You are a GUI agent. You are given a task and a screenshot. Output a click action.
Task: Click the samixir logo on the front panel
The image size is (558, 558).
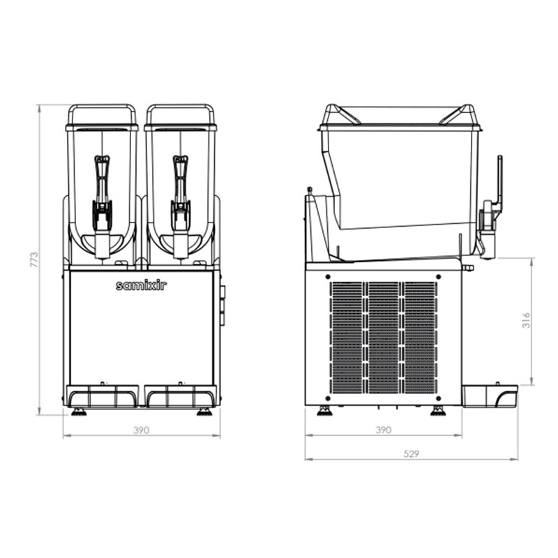[x=142, y=285]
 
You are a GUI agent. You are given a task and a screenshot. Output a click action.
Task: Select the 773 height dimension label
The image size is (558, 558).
[x=33, y=260]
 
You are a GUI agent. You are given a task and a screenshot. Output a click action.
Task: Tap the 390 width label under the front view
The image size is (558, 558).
[x=142, y=430]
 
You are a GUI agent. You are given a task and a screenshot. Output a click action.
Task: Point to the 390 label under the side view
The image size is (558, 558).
[x=383, y=430]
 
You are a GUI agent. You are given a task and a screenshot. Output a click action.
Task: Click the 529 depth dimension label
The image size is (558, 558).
[x=412, y=454]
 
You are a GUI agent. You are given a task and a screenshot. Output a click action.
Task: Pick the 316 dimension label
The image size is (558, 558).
[x=527, y=320]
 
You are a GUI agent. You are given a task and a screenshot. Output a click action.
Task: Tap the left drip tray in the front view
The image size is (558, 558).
[x=103, y=395]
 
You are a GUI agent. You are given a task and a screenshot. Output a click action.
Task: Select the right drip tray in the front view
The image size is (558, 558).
[x=181, y=395]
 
